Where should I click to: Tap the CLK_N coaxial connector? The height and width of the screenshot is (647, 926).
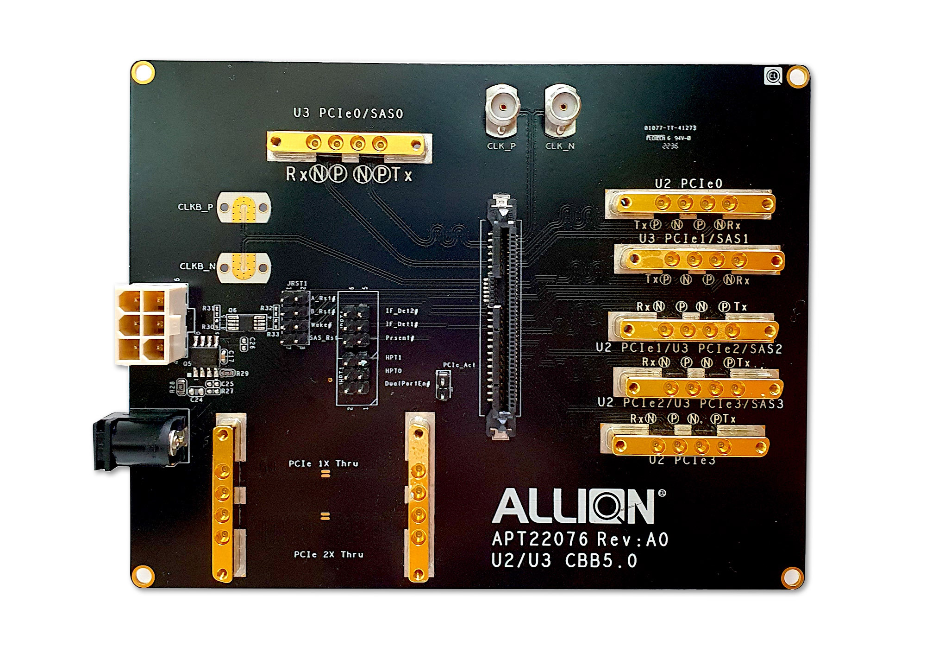pos(562,108)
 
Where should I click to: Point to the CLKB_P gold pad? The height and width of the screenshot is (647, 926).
pos(244,207)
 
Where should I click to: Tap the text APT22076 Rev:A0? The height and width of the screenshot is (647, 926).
pos(580,539)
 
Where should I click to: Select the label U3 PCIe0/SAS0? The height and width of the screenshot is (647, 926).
pos(348,114)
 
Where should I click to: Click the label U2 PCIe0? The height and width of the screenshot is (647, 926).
pos(688,184)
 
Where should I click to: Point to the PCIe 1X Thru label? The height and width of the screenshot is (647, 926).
pos(323,463)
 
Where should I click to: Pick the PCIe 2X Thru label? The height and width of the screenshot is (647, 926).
pos(328,554)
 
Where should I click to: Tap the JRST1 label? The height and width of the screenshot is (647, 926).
pos(297,283)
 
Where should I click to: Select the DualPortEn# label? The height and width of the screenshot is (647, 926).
pos(407,384)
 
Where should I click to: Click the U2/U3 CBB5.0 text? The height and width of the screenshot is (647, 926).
pos(564,561)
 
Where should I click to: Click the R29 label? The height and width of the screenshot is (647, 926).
pos(242,374)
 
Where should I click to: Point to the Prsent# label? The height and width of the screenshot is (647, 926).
pos(400,338)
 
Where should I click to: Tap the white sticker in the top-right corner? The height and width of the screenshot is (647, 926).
pos(773,76)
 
